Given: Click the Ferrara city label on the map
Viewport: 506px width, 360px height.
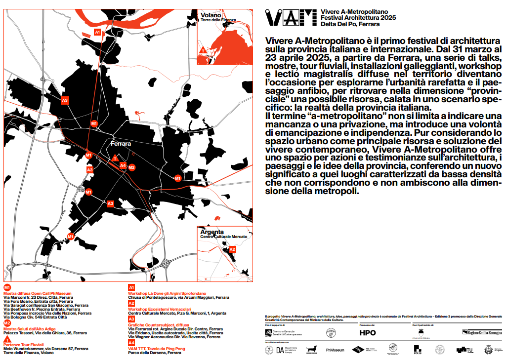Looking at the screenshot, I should [x=121, y=144].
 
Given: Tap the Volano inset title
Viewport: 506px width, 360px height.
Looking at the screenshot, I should [x=209, y=15].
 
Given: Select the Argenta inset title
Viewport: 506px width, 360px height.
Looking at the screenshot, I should [x=212, y=232].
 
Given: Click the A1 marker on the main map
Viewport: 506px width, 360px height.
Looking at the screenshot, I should [x=97, y=32].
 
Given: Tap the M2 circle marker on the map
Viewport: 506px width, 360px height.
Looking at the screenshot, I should [x=131, y=167].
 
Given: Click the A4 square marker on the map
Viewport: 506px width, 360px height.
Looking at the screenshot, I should [x=123, y=165].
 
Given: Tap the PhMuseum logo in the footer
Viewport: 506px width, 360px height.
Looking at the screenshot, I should [x=335, y=350].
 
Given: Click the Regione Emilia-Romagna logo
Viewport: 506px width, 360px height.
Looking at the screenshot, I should [x=482, y=332].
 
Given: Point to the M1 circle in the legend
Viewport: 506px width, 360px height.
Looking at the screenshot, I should [x=7, y=287].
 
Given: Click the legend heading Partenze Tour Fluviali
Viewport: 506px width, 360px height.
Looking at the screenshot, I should [x=24, y=345].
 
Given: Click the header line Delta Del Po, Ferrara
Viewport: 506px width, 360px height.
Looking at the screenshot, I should [x=350, y=24].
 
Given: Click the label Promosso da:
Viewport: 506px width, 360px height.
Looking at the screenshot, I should [x=367, y=325].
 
